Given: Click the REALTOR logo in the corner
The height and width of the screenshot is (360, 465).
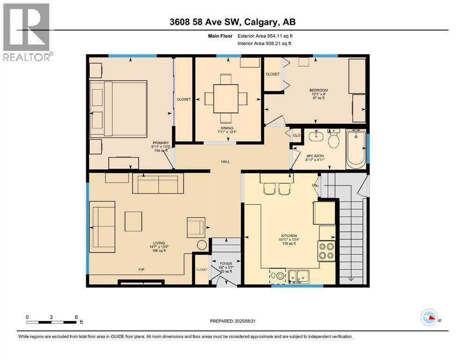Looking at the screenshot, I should tap(27, 31).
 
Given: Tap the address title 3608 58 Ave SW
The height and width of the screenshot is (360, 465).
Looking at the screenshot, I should tap(232, 22).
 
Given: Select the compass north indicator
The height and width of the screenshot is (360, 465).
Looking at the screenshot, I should tap(429, 318).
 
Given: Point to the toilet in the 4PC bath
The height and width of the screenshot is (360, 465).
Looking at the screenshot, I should tap(333, 140).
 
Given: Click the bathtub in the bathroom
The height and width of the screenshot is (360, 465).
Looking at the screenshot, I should tap(356, 150).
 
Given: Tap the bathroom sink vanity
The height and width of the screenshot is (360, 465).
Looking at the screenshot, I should tap(316, 137).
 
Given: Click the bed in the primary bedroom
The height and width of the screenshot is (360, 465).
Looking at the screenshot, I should tap(118, 108).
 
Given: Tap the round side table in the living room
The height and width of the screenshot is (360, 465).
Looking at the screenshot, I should tap(201, 245).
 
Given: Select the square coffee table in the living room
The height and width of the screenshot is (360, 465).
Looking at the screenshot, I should tap(133, 221).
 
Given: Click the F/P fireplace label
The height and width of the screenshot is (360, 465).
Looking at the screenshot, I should tap(140, 270).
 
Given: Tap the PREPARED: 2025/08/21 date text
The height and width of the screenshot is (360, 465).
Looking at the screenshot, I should tap(232, 321).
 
